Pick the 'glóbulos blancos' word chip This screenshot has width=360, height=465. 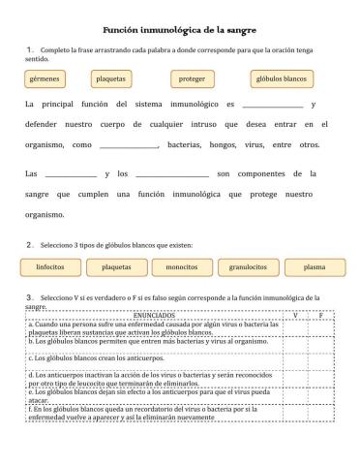click(280, 77)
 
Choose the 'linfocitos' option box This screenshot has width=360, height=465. click(50, 265)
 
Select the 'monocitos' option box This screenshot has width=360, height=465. click(182, 265)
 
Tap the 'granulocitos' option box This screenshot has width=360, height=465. click(249, 265)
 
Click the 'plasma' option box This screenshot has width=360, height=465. click(314, 265)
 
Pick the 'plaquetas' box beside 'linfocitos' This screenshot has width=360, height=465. click(116, 265)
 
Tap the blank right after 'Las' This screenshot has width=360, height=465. click(70, 174)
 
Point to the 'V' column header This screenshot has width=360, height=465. click(295, 315)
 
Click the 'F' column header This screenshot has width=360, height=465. click(321, 315)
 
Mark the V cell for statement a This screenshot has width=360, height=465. click(295, 327)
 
